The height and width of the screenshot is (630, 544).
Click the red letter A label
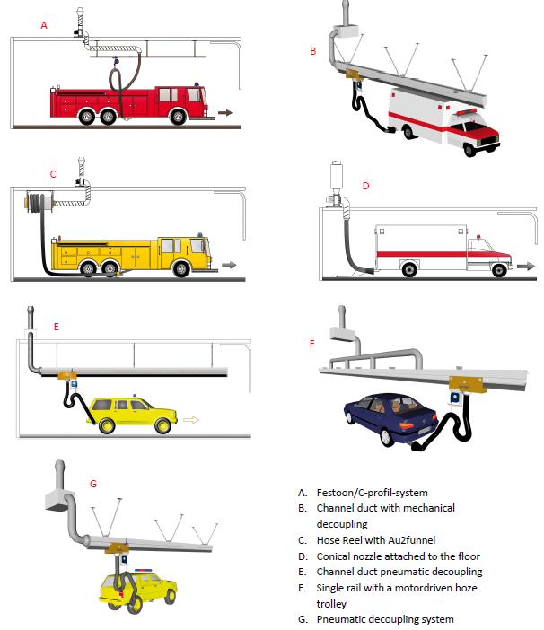(x=43, y=26)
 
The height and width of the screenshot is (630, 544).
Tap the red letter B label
(x=312, y=52)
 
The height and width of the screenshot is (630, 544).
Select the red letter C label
(x=53, y=174)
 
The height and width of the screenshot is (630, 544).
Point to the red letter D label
(x=365, y=186)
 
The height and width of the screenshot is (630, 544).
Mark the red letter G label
(x=93, y=483)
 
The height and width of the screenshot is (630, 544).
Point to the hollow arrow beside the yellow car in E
(x=189, y=418)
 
